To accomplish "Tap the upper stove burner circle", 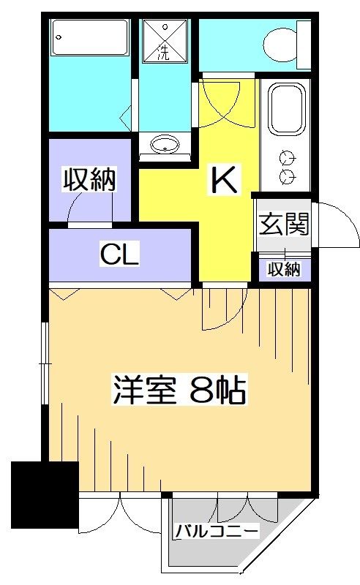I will (287, 156).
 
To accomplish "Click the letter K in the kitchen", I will (224, 178).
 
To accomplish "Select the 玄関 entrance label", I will (283, 223).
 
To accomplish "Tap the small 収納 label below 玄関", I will (283, 269).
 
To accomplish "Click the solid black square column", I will (45, 493).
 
